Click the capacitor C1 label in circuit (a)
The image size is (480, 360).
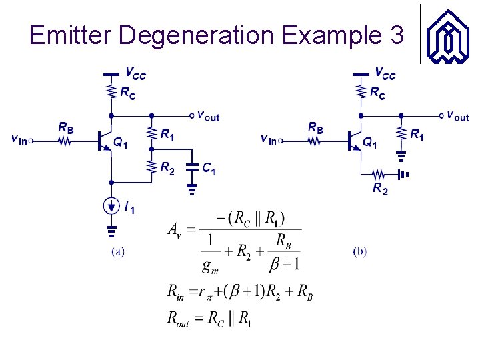pyautogui.click(x=209, y=169)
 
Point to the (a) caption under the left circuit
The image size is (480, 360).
pyautogui.click(x=117, y=252)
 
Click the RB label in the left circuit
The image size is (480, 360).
pyautogui.click(x=66, y=127)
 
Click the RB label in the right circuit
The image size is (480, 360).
pyautogui.click(x=315, y=127)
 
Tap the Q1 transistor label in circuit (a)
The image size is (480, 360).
pyautogui.click(x=121, y=141)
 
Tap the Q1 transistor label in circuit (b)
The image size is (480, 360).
pyautogui.click(x=369, y=141)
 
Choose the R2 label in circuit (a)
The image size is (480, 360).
pyautogui.click(x=167, y=169)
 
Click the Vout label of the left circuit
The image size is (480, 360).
pyautogui.click(x=207, y=116)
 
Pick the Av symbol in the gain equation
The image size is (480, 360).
pyautogui.click(x=173, y=231)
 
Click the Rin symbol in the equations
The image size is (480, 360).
pyautogui.click(x=175, y=291)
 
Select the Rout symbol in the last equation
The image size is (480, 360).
pyautogui.click(x=179, y=318)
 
